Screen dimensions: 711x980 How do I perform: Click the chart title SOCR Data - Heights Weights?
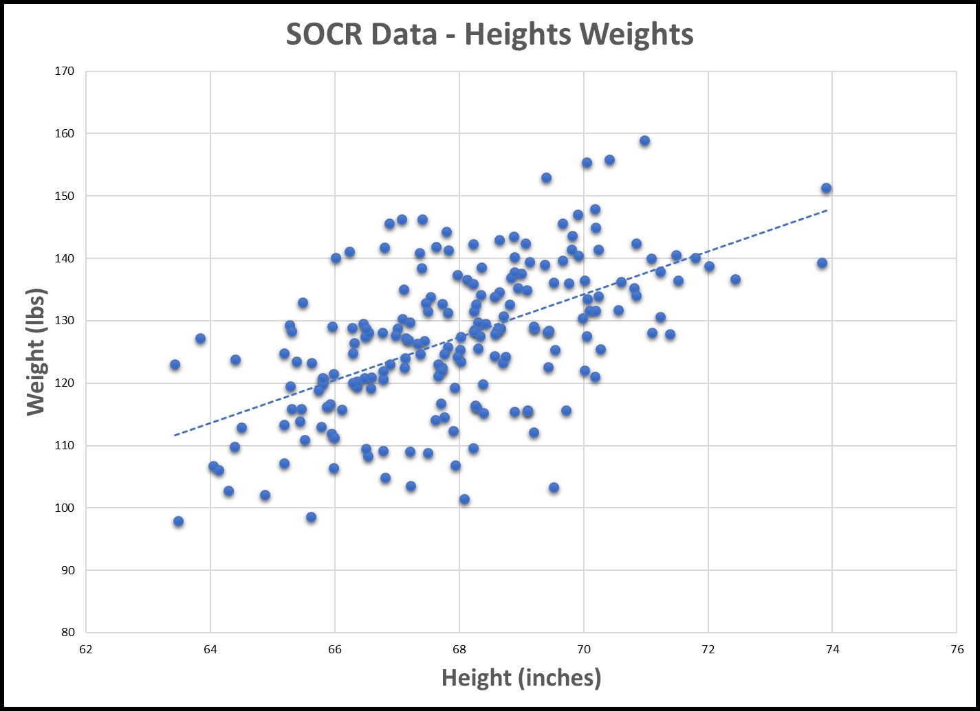490,34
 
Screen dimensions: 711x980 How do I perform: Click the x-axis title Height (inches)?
521,677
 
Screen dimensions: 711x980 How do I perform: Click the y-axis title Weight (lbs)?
35,352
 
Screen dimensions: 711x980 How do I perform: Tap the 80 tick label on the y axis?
69,632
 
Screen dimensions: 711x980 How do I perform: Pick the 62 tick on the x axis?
86,650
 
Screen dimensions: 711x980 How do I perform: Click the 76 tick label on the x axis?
956,650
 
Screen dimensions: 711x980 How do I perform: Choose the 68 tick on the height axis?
459,650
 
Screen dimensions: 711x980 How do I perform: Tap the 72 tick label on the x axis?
708,650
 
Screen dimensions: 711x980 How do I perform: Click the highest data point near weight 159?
644,141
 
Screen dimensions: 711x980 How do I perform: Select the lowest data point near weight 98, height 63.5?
178,521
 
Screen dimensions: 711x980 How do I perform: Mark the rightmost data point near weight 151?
826,188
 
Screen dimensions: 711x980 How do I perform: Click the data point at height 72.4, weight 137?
735,280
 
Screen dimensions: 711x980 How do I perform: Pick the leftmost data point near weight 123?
175,365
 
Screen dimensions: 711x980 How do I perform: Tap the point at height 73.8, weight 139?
822,263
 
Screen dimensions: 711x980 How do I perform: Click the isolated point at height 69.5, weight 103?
554,488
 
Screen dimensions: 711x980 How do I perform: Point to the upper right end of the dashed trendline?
826,210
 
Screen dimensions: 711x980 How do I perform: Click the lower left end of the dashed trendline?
175,435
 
